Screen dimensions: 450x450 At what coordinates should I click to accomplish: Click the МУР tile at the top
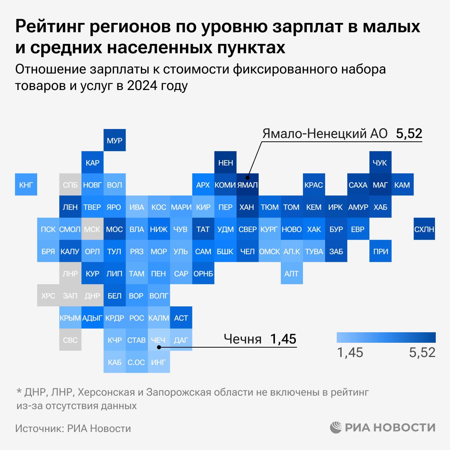point(114,141)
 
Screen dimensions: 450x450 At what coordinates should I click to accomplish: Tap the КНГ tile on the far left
point(26,184)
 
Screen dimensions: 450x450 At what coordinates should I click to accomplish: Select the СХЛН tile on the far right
point(424,229)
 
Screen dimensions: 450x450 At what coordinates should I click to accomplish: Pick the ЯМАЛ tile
point(247,184)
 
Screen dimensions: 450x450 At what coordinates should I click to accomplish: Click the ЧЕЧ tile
point(158,340)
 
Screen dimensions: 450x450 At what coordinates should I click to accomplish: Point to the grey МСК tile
point(92,229)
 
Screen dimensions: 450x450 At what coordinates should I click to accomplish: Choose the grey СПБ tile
point(70,184)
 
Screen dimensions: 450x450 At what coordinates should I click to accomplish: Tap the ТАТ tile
point(203,229)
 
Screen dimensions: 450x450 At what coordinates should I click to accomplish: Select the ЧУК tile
point(380,162)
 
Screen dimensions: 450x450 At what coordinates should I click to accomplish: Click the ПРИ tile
point(380,251)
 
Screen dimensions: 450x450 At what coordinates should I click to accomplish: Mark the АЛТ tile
point(291,273)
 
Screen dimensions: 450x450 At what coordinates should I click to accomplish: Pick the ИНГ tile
point(158,362)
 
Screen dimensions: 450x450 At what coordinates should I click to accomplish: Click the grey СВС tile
point(70,340)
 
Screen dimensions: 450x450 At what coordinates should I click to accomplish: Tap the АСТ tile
point(181,318)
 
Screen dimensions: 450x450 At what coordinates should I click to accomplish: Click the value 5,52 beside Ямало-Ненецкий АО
point(409,133)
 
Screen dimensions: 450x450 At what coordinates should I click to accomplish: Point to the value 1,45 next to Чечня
point(283,339)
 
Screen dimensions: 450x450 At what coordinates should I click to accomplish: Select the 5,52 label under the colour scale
point(422,352)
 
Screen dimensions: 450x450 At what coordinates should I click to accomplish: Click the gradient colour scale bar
point(386,337)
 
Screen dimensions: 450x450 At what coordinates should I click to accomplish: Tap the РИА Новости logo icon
point(336,427)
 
